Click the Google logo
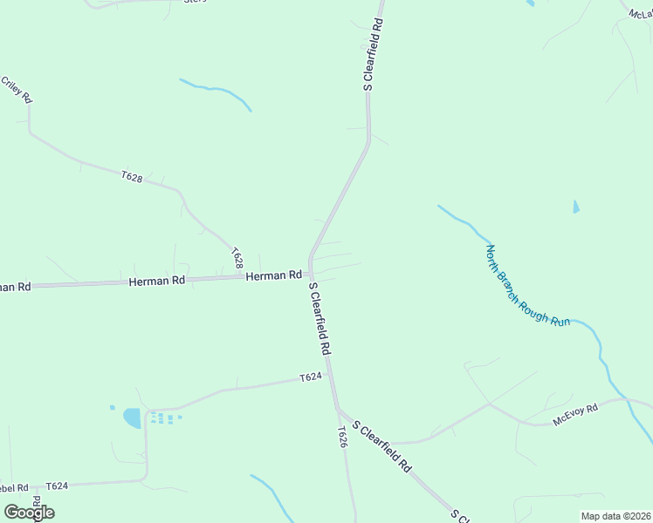tap(30, 512)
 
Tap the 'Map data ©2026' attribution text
tap(615, 516)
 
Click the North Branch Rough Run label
tap(527, 285)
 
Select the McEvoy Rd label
tap(574, 415)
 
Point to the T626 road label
tap(343, 437)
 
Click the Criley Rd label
tap(17, 90)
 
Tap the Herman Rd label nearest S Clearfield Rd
tap(273, 275)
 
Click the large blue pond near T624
tap(133, 418)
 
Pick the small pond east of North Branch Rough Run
tap(575, 207)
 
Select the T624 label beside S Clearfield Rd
tap(311, 377)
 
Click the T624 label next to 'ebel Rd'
tap(57, 486)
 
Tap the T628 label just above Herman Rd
tap(237, 257)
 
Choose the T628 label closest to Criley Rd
tap(132, 177)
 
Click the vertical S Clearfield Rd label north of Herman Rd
tap(373, 54)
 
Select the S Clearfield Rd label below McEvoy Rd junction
tap(381, 447)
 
